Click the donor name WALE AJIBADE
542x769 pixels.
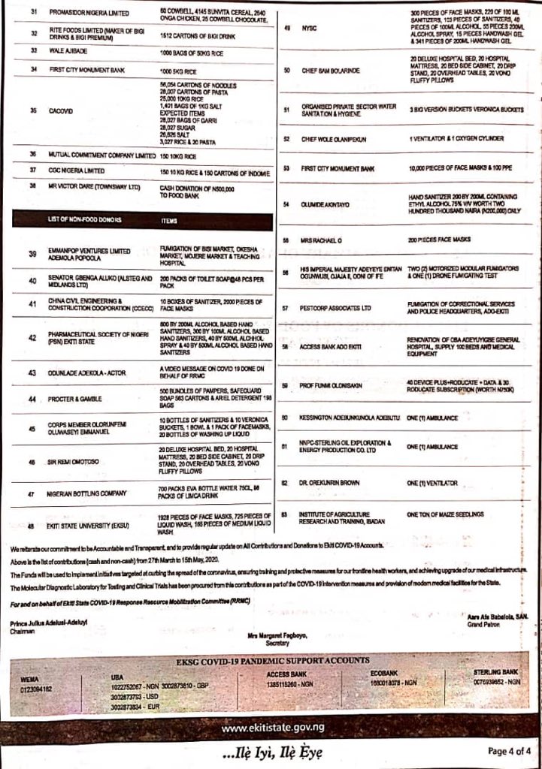[x=68, y=50]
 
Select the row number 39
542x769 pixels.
[x=32, y=254]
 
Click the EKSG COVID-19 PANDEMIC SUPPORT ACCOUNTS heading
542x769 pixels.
[x=271, y=660]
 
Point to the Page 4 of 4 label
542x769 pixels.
[x=509, y=750]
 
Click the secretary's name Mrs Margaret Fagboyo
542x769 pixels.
[x=277, y=636]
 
